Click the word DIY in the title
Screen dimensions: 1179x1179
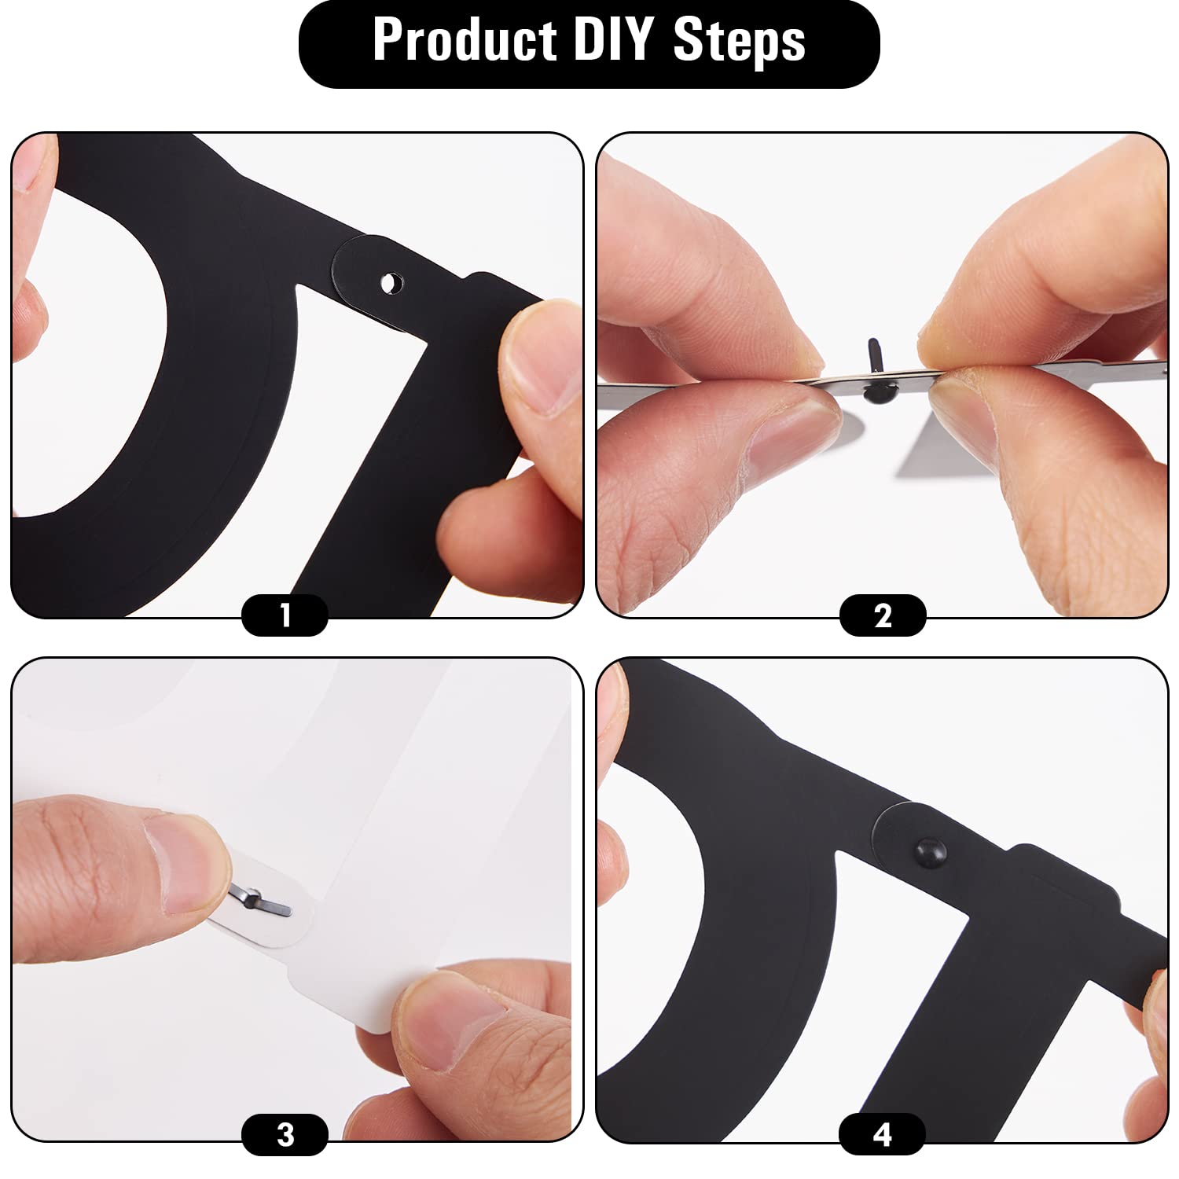click(x=612, y=39)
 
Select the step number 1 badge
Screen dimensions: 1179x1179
click(x=285, y=615)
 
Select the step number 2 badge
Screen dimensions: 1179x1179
click(x=883, y=615)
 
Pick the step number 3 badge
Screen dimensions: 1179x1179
click(x=285, y=1135)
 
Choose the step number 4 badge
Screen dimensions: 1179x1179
click(x=882, y=1135)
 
